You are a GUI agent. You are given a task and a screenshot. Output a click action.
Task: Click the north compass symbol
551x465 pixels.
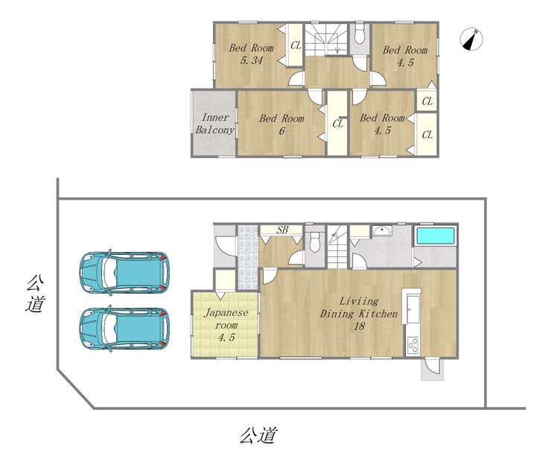click(x=471, y=39)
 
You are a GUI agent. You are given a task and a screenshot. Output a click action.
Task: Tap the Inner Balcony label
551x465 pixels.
click(x=214, y=124)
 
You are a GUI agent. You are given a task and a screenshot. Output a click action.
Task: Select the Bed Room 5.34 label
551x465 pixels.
click(x=251, y=54)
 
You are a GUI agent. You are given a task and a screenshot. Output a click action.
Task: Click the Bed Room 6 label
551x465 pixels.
click(x=281, y=124)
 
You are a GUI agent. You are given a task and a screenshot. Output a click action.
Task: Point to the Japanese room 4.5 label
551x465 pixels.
click(x=226, y=325)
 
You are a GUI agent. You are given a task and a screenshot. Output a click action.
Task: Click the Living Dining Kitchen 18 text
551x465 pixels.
click(x=359, y=314)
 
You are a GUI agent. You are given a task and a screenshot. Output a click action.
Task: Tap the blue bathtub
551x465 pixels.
click(x=435, y=235)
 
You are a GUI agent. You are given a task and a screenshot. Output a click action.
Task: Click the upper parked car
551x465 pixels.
click(x=124, y=272)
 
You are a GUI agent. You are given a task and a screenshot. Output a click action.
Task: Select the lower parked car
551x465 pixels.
click(x=124, y=328)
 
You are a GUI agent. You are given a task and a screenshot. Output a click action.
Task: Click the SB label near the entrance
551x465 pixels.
click(x=282, y=230)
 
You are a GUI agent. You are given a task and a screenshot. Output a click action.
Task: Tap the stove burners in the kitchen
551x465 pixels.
click(x=413, y=345)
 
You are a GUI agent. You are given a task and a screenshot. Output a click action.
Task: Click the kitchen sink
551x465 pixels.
click(x=411, y=308)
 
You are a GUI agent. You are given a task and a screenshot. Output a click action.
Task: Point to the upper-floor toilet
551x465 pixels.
click(x=359, y=34)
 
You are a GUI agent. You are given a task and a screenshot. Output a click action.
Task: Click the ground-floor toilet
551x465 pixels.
click(x=315, y=242)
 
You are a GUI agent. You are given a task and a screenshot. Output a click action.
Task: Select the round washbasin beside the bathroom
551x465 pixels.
click(x=381, y=230)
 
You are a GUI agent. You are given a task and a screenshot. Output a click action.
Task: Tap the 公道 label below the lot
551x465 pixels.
click(x=258, y=435)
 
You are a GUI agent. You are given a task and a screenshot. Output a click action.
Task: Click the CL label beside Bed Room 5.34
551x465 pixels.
click(x=296, y=45)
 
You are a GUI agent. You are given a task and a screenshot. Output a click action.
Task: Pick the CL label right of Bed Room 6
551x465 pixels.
click(x=338, y=124)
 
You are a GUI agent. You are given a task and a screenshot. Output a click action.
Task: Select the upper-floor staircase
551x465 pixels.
click(x=326, y=39)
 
